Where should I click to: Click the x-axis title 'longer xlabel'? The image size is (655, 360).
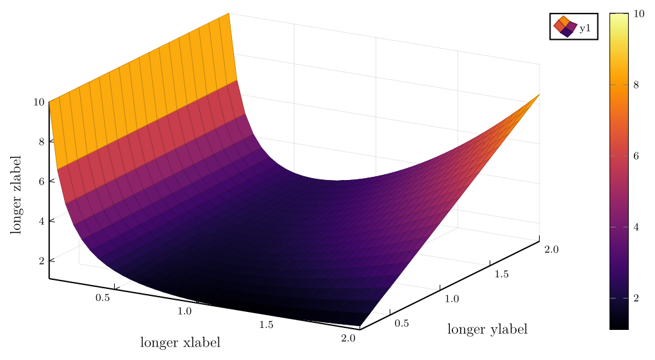pos(180,343)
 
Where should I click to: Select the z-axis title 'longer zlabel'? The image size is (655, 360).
pos(15,194)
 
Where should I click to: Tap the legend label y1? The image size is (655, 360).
pos(585,28)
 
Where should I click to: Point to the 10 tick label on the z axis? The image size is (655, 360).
pos(38,102)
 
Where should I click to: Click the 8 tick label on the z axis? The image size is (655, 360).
pos(41,142)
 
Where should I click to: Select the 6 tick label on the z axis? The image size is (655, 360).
pos(41,181)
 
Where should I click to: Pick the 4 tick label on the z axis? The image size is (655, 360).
pos(41,221)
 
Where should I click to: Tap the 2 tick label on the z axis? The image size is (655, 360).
pos(41,261)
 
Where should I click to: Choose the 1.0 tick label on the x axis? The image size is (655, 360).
pos(185,311)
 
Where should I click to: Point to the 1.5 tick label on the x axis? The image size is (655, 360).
pos(267,325)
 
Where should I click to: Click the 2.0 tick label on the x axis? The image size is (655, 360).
pos(349,338)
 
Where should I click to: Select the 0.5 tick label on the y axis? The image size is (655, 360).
pos(401,323)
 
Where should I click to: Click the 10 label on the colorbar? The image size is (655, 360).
pos(638,13)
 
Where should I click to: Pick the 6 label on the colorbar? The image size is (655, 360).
pos(636,156)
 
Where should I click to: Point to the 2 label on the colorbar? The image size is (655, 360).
pos(636,299)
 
